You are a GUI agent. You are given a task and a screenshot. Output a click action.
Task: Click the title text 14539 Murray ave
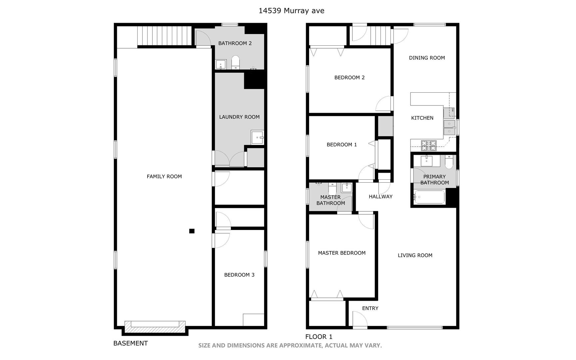click(x=291, y=11)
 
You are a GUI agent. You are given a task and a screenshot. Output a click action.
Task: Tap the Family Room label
click(x=164, y=177)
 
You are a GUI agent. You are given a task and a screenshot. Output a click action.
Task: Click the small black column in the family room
click(x=192, y=231)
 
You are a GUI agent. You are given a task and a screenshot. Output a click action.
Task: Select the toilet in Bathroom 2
click(x=236, y=62)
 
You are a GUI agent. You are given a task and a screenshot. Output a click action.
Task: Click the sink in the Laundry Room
click(x=258, y=137)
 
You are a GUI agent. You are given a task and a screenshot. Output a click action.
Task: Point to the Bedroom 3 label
click(x=239, y=275)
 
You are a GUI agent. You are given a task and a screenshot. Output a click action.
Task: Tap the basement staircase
click(x=165, y=36)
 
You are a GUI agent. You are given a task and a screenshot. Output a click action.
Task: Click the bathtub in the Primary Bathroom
click(x=429, y=197)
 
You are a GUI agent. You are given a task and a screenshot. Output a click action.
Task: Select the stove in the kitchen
click(x=429, y=145)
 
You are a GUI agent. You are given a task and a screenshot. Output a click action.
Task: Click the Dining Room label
click(x=427, y=58)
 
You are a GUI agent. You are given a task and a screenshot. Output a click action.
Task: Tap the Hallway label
click(x=380, y=197)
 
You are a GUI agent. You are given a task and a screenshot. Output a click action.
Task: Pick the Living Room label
click(x=415, y=255)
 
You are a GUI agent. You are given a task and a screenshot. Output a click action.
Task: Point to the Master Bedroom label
click(x=342, y=253)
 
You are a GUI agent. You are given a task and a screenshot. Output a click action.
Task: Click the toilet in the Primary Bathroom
click(x=449, y=162)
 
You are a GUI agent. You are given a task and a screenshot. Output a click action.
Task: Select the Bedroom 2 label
click(x=349, y=78)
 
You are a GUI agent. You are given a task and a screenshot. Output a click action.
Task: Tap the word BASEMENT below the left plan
click(x=131, y=343)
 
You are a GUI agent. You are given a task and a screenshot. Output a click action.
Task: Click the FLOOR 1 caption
click(x=319, y=337)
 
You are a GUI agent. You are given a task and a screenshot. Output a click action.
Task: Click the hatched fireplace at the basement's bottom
click(x=155, y=327)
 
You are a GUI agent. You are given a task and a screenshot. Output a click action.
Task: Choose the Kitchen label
click(x=422, y=118)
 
